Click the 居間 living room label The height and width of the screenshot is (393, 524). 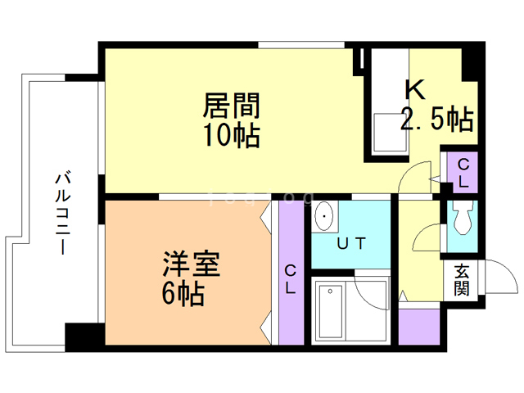[x=231, y=105]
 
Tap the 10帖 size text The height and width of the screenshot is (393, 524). [x=232, y=135]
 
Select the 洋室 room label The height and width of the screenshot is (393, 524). [x=191, y=264]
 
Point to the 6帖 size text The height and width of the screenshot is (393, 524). [x=183, y=293]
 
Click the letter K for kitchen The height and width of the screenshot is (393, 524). [x=415, y=89]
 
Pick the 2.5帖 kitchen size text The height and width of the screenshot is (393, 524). [x=437, y=119]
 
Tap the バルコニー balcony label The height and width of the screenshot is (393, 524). [x=63, y=213]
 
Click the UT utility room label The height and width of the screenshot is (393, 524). [x=351, y=243]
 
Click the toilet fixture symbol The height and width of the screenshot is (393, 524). [x=463, y=217]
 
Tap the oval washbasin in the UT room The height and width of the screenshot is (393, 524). [x=324, y=216]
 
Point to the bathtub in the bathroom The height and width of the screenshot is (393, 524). [x=331, y=311]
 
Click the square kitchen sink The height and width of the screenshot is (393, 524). [x=391, y=133]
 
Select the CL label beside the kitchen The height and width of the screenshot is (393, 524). [x=463, y=173]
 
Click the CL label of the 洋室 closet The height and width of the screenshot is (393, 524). [x=291, y=279]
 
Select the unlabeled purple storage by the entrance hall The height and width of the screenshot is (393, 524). [x=419, y=327]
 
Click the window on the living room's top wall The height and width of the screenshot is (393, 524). [x=301, y=45]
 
